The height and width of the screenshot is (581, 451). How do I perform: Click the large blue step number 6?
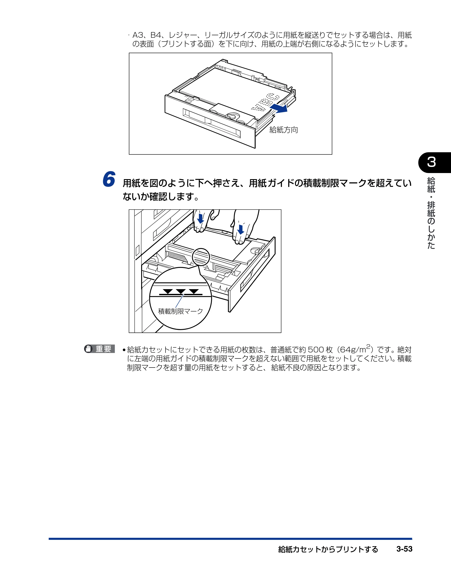109,179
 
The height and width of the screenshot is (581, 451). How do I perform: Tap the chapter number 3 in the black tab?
432,162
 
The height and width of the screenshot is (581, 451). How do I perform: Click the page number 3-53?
404,549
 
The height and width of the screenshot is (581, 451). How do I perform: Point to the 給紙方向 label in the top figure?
284,130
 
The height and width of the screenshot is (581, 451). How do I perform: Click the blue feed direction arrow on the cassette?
279,108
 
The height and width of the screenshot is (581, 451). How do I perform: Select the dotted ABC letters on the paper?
265,102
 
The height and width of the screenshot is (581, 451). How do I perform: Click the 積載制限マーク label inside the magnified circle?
180,311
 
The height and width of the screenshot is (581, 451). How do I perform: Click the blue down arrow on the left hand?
200,218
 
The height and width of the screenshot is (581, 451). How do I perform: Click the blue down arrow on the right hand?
241,229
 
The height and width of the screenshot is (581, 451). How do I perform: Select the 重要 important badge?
100,349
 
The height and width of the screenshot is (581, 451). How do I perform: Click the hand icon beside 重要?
88,349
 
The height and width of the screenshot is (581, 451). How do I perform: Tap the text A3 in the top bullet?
138,35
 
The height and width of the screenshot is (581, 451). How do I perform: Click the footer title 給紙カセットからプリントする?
328,549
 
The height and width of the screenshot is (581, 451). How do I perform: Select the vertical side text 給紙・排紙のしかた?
431,213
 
